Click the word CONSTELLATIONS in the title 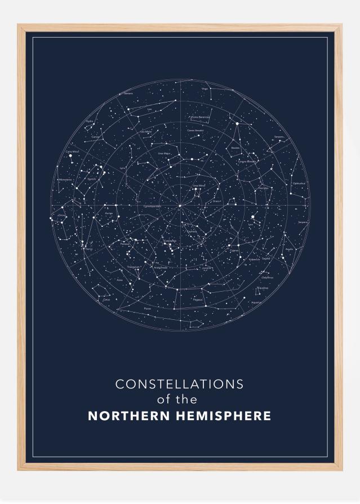point(179,384)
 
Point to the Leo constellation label point(149,109)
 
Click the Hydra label point(90,121)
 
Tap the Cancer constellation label point(96,137)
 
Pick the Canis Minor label point(73,151)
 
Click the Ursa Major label point(164,153)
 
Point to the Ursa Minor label point(199,185)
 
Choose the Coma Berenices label point(201,117)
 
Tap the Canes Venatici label point(195,130)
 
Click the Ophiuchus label point(299,183)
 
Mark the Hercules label point(263,188)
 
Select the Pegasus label point(197,300)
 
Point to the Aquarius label point(256,302)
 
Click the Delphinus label point(267,277)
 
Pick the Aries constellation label point(119,280)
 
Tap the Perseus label point(125,244)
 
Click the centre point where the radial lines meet point(180,206)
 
